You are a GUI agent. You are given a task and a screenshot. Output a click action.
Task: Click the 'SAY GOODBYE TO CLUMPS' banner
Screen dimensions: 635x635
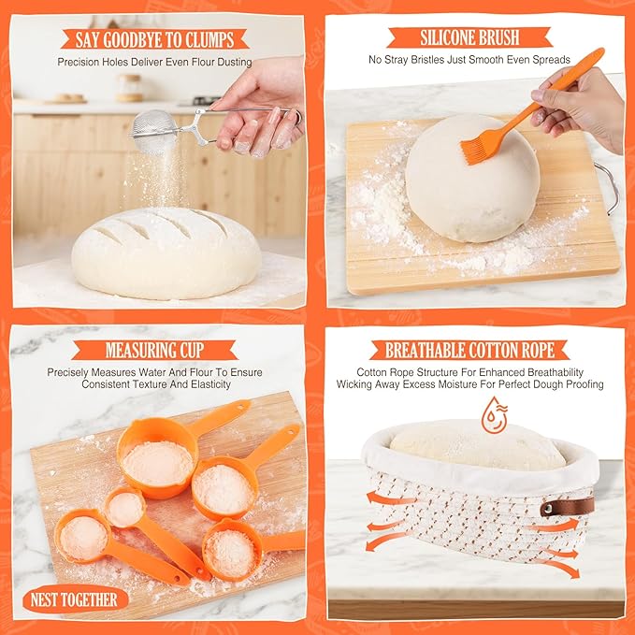tap(154, 39)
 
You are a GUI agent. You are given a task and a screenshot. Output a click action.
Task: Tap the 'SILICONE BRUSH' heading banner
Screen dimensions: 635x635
tap(470, 38)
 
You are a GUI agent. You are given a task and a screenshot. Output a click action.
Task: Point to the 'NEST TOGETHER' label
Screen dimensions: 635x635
tap(75, 599)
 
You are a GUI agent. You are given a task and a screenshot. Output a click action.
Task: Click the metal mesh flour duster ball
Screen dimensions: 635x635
tap(154, 132)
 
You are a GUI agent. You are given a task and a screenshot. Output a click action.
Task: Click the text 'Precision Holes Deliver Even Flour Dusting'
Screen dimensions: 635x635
tap(154, 62)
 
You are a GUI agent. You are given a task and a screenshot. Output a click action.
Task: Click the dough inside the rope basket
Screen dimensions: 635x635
tap(477, 446)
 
